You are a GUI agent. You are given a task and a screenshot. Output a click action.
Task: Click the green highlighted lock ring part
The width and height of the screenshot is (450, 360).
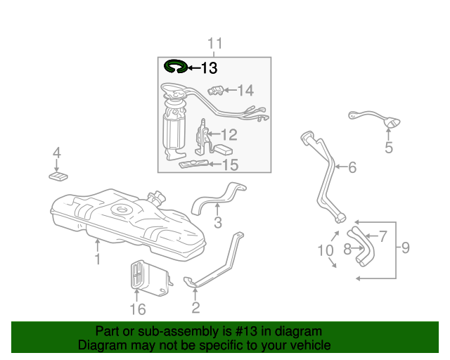(x=175, y=67)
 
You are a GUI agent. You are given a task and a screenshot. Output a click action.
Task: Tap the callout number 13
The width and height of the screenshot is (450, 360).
(x=209, y=68)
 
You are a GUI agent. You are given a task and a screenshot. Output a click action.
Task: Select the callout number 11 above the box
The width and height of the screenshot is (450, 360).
(x=214, y=44)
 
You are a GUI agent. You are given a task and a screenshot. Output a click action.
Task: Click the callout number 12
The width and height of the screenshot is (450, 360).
(x=229, y=134)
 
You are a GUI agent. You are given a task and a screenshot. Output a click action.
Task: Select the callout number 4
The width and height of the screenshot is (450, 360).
(x=57, y=153)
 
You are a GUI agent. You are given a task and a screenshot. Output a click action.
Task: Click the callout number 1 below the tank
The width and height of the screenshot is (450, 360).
(x=97, y=259)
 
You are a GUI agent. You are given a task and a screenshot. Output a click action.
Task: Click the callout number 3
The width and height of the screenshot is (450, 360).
(x=218, y=223)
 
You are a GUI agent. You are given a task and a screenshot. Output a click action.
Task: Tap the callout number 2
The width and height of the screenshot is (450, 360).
(x=195, y=307)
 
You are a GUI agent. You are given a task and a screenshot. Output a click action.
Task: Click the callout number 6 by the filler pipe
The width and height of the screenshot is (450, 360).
(x=352, y=167)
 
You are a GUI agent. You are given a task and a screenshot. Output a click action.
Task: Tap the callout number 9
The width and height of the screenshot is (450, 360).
(x=405, y=247)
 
